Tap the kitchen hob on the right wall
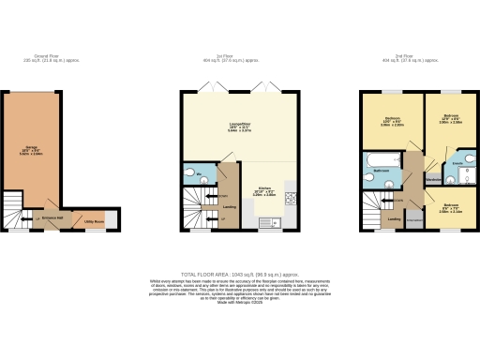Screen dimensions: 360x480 click(290, 198)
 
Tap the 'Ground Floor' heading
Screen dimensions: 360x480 click(40, 55)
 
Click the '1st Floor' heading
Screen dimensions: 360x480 click(239, 55)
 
